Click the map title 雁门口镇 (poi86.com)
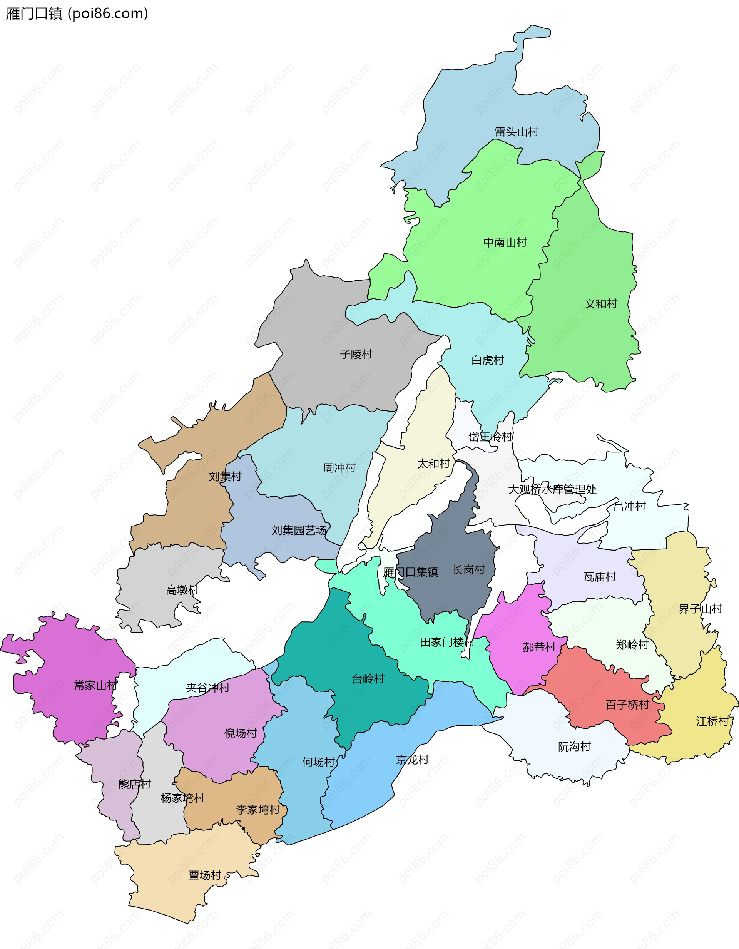(77, 14)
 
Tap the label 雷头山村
(517, 132)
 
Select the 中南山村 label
(505, 242)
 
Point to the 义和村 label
(601, 304)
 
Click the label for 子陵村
(356, 354)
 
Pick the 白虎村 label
(487, 360)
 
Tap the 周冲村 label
(339, 468)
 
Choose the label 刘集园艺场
(299, 530)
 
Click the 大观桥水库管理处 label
(552, 489)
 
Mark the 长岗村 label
(468, 570)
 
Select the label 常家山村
(95, 685)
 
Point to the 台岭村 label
(368, 679)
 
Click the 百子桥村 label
(627, 705)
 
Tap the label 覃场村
(205, 875)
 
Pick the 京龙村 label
(412, 760)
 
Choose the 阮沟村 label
(574, 746)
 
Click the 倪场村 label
(241, 733)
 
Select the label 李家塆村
(257, 810)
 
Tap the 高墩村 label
(182, 590)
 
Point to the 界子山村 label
(701, 609)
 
